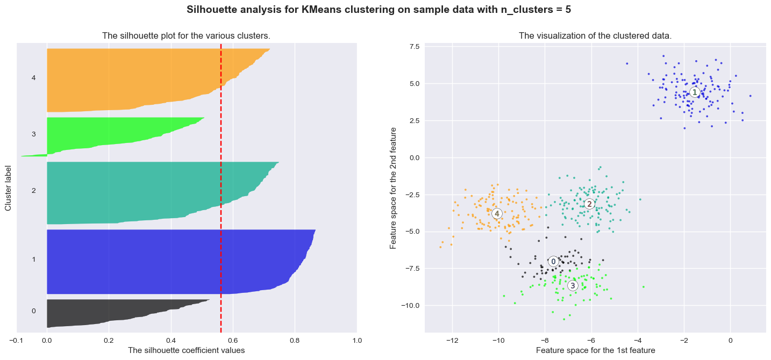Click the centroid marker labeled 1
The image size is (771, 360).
[x=695, y=92]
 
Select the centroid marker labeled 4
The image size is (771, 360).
[x=497, y=213]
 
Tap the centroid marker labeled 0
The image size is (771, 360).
[x=553, y=262]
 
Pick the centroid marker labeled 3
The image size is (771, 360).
[x=573, y=285]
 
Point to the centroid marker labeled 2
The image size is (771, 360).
[x=589, y=204]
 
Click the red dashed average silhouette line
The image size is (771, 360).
[x=221, y=188]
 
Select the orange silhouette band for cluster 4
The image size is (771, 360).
[x=134, y=81]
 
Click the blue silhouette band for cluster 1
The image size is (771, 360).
[x=161, y=262]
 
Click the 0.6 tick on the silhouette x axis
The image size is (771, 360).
[x=233, y=340]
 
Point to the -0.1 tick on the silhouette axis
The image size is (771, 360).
[x=16, y=340]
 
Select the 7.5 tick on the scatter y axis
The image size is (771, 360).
[x=415, y=47]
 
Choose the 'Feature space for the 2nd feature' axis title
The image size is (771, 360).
[x=394, y=188]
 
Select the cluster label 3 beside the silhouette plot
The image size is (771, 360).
[x=34, y=134]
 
